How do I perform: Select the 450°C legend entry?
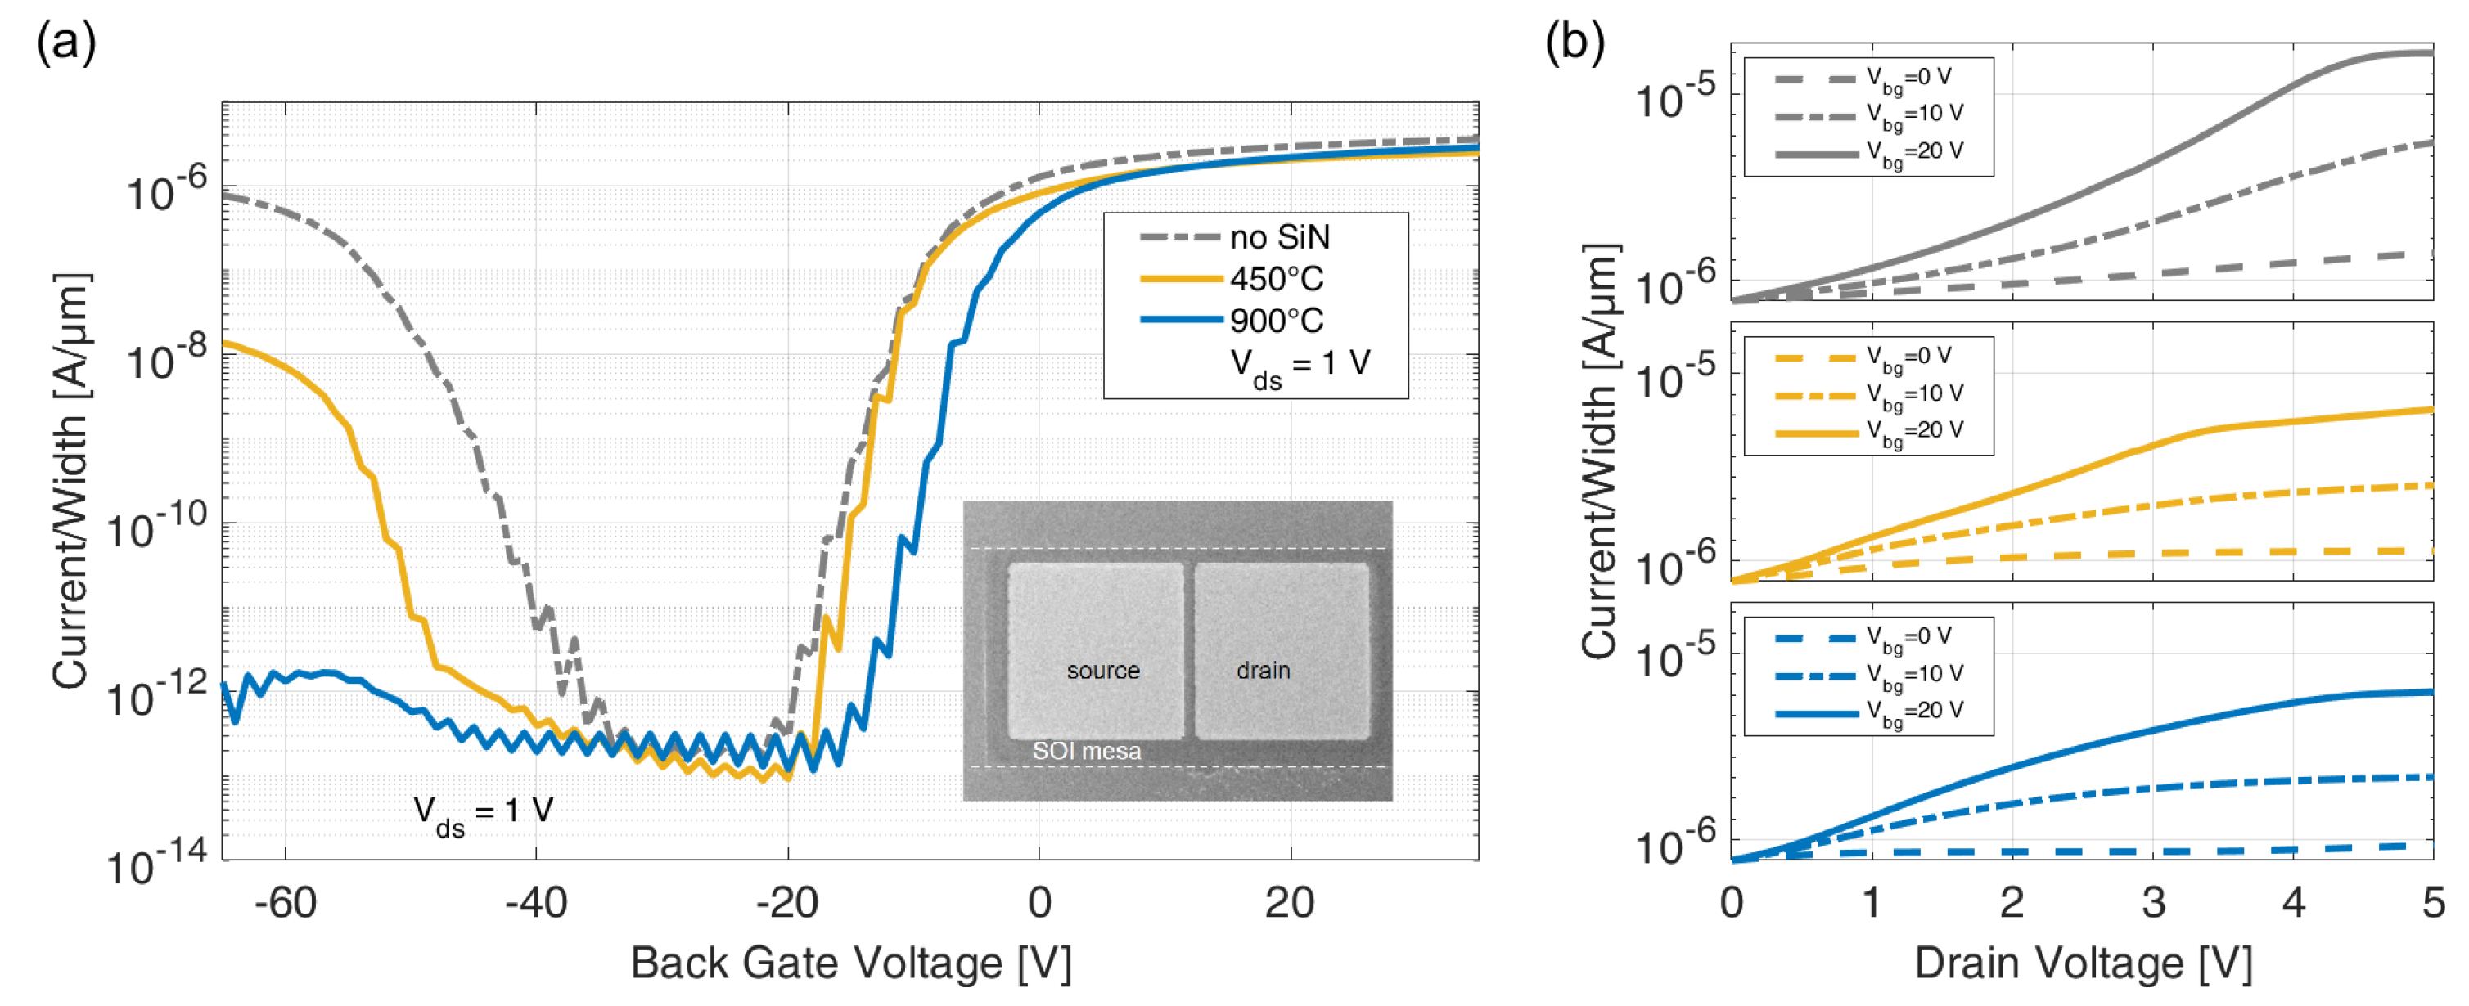1276,279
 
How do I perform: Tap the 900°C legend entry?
1276,320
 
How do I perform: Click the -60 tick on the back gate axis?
285,902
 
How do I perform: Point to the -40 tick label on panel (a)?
536,902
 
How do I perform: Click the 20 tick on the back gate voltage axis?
1289,902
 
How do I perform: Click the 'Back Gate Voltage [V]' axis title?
850,963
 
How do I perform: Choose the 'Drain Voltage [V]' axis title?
2083,963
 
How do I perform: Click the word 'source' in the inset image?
1103,671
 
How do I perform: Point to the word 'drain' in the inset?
1264,671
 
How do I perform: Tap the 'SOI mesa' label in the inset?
1086,751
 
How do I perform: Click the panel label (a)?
66,43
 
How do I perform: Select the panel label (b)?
1575,43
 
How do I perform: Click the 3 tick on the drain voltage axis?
2154,902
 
